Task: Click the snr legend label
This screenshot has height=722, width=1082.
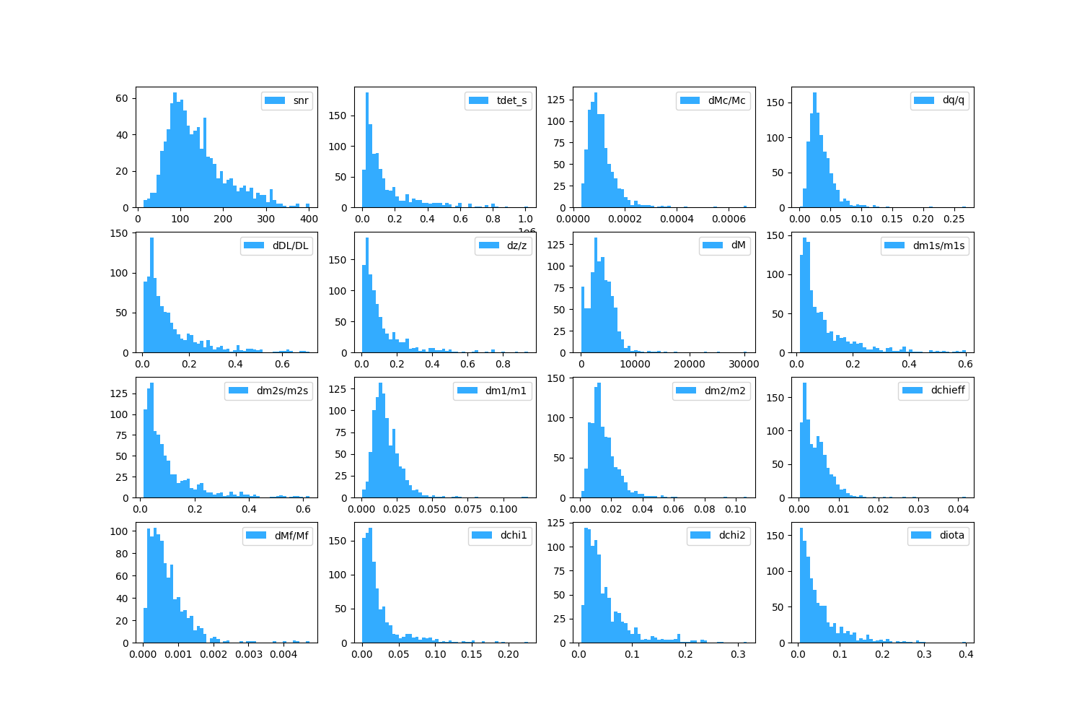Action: coord(301,100)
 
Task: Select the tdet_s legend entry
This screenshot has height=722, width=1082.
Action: coord(511,100)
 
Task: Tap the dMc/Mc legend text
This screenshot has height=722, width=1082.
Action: coord(726,100)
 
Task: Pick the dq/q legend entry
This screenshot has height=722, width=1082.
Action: coord(953,100)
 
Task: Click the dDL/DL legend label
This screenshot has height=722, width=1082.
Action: coord(290,245)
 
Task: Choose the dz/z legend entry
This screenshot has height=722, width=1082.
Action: coord(516,245)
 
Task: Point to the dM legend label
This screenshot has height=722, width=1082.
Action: coord(738,245)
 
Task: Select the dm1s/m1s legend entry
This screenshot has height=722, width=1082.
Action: coord(938,245)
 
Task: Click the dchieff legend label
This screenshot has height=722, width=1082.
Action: coord(947,391)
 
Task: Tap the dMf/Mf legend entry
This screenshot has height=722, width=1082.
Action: coord(291,536)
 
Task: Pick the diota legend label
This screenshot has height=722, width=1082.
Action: coord(951,536)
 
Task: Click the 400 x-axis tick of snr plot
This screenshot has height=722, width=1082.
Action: coord(308,219)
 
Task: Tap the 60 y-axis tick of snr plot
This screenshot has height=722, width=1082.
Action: coord(122,98)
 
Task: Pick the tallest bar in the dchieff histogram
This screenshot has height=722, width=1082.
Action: coord(804,440)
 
